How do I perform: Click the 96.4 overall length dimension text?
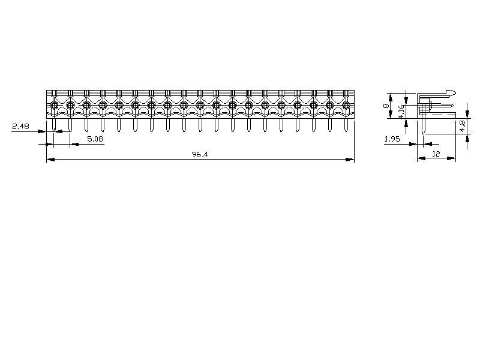(x=200, y=154)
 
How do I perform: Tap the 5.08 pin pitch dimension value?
(x=95, y=139)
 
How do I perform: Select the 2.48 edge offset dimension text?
(x=21, y=126)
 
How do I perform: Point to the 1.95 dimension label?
(x=392, y=139)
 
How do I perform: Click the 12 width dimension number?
(x=436, y=154)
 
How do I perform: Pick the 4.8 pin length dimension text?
(x=462, y=126)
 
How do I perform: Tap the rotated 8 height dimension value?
(x=386, y=106)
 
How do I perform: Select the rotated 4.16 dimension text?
(x=401, y=112)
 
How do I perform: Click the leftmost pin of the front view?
(x=54, y=125)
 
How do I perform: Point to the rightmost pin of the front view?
(x=346, y=125)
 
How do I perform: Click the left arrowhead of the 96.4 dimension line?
(x=50, y=160)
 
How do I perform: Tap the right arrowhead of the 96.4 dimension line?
(x=350, y=160)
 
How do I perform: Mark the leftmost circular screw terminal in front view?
(x=54, y=105)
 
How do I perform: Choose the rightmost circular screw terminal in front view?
(x=346, y=105)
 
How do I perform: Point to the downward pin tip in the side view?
(x=423, y=133)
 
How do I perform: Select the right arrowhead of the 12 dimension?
(x=452, y=158)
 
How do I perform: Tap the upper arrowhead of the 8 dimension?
(x=391, y=97)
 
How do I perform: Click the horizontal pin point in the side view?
(x=451, y=106)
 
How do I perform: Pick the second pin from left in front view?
(x=70, y=125)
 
